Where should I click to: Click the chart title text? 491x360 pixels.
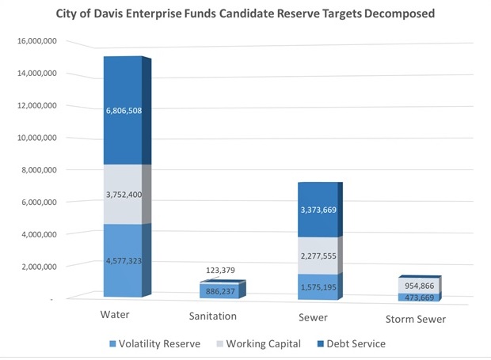point(245,14)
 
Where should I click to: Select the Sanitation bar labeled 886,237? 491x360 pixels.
point(218,291)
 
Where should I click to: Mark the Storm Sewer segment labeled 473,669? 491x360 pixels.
point(414,297)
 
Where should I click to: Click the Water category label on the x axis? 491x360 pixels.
point(121,316)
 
